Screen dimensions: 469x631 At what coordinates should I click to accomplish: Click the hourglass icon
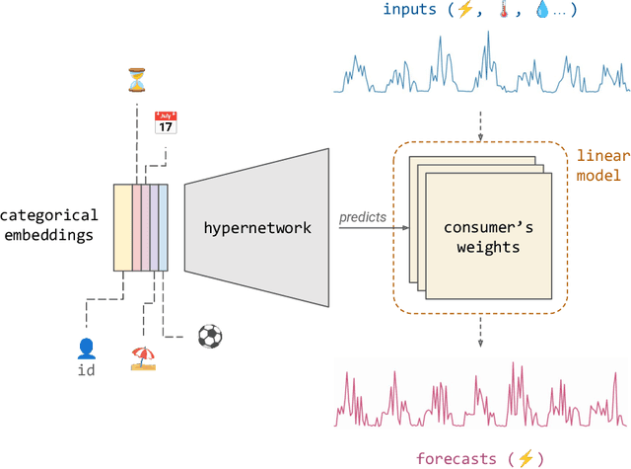tap(135, 78)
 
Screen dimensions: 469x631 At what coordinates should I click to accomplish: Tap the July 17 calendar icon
tap(166, 123)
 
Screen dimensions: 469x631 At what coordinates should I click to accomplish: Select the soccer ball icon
tap(210, 336)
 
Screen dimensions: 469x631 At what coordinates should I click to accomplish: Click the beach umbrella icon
tap(143, 357)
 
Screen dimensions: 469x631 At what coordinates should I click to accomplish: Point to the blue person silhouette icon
tap(86, 348)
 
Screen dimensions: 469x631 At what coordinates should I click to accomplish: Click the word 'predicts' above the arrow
tap(363, 216)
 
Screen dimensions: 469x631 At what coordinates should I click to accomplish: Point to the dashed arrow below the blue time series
tap(480, 123)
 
